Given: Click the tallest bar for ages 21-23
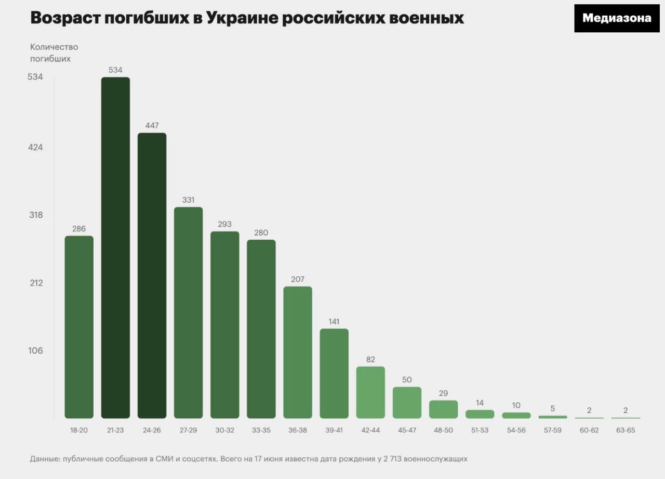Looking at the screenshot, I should pos(115,248).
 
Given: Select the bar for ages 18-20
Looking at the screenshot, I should pos(79,327).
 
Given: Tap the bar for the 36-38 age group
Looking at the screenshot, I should pos(298,352).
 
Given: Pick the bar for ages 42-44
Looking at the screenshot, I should pos(370,392).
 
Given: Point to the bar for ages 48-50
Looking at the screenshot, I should pos(443,409).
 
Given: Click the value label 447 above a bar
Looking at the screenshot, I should pos(152,125).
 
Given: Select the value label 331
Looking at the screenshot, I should pos(189,200).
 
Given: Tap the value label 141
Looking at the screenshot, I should pos(334,321).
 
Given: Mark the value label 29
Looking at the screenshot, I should pos(443,393).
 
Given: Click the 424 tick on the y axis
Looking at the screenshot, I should pos(35,147).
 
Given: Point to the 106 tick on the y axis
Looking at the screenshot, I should pos(35,351).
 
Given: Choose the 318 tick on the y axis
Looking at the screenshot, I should pos(35,215).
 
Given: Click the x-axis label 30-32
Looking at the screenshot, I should pos(225,430).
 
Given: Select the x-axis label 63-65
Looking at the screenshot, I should pos(625,430).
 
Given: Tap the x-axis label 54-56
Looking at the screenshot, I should pos(516,430).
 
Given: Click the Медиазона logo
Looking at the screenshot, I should pos(617,18).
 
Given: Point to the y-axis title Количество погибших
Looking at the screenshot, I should pos(54,53).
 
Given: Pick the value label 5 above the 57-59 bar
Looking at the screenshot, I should pos(552,409).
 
